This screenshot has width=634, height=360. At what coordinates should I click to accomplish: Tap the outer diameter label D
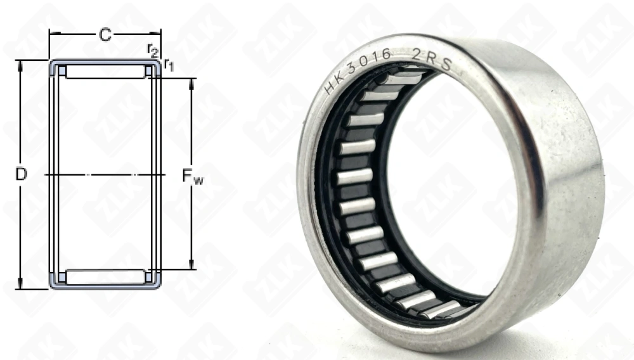tap(22, 174)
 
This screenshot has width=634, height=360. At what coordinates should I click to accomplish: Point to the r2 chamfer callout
tap(152, 49)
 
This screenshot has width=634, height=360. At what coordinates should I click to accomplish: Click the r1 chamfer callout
tap(168, 63)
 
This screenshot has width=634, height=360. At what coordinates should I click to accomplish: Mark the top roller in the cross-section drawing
tap(105, 72)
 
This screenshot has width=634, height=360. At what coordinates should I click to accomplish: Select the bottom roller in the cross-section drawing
tap(105, 277)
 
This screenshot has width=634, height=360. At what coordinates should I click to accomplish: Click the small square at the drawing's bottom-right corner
tap(149, 277)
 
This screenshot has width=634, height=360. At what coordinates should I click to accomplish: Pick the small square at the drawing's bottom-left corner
tap(62, 277)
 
